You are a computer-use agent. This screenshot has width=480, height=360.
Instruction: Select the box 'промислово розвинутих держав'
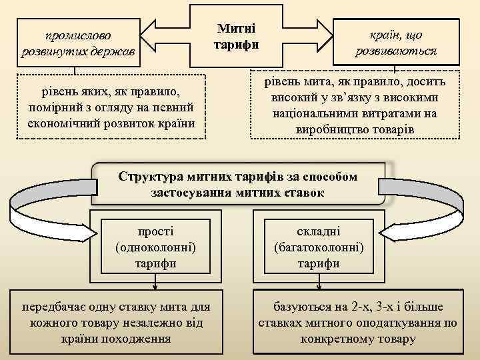(x=78, y=43)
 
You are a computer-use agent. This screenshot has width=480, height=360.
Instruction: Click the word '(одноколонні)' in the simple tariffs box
(x=155, y=247)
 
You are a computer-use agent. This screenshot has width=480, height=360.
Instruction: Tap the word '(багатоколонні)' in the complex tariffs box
(x=319, y=247)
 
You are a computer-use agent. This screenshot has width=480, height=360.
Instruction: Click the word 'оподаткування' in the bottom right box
(x=401, y=323)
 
